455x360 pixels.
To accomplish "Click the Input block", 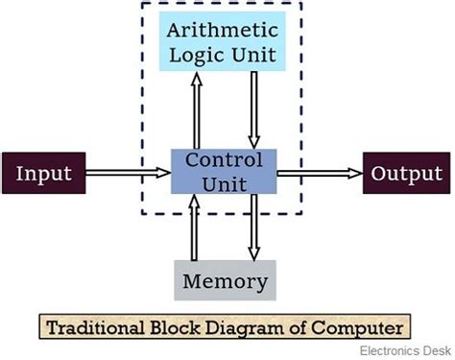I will coord(43,174).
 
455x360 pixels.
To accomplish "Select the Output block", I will coord(403,174).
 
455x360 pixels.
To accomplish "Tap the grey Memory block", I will coord(225,281).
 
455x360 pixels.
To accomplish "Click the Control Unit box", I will coord(225,171).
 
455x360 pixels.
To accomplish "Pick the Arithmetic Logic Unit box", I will coord(225,41).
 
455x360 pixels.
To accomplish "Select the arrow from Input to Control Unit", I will coord(128,174).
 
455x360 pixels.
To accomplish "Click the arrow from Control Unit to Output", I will coord(320,174).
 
